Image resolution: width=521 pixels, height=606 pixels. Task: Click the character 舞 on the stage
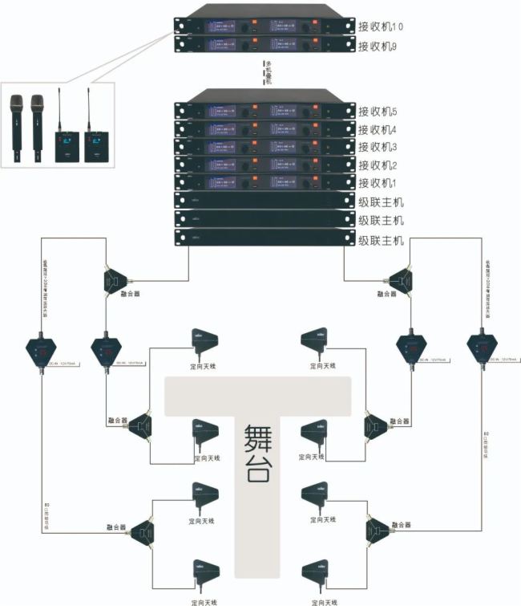(x=257, y=438)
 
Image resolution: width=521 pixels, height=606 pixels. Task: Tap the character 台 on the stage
(x=257, y=470)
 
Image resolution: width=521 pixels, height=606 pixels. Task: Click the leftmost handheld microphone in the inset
(x=17, y=124)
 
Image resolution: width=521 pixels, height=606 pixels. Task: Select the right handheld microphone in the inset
(x=36, y=124)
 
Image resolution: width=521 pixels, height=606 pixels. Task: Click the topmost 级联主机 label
(x=381, y=201)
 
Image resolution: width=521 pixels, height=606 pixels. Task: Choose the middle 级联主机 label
(x=381, y=221)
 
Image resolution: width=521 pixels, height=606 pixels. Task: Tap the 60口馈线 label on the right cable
(x=487, y=441)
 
